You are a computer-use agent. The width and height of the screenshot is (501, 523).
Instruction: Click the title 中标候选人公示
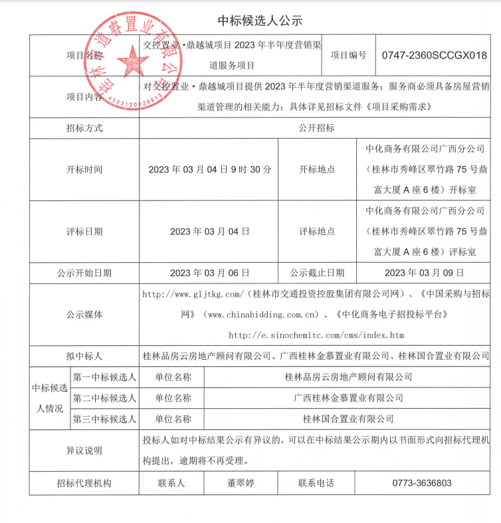[250, 21]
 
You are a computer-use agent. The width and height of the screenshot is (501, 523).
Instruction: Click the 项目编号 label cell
[348, 56]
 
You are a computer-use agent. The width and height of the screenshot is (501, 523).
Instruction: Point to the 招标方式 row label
[84, 127]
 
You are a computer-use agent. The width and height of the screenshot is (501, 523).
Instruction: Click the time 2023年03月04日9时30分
[210, 169]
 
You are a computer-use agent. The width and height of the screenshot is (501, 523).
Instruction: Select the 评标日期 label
[84, 232]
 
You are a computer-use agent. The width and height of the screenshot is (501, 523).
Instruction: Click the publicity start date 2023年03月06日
[210, 273]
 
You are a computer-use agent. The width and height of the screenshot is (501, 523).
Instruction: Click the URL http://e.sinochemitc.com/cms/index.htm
[316, 335]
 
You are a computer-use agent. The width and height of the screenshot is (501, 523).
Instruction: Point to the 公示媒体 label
[84, 314]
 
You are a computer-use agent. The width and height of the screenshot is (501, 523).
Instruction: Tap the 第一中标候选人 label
[104, 377]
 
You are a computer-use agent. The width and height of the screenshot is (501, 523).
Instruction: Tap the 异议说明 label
[84, 451]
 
